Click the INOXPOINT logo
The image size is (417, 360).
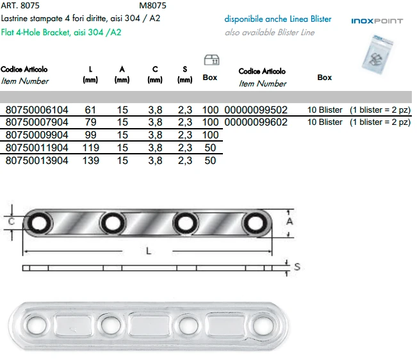click(x=377, y=21)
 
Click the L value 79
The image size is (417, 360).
click(x=90, y=122)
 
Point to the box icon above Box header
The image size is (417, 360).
click(x=209, y=61)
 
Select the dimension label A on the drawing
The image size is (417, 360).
click(x=290, y=221)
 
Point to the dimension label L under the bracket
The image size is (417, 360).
click(x=149, y=250)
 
